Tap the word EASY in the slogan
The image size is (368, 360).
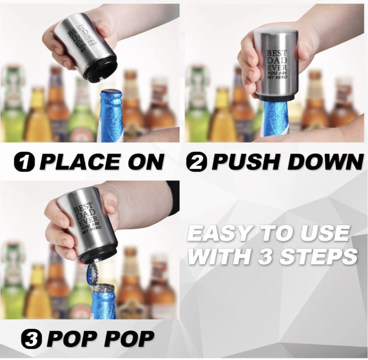click(218, 233)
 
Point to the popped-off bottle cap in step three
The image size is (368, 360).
click(92, 274)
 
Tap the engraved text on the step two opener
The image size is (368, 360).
click(277, 64)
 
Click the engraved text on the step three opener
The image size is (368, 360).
click(86, 219)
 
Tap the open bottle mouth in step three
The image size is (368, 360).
click(103, 287)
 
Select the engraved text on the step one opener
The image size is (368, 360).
click(81, 40)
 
